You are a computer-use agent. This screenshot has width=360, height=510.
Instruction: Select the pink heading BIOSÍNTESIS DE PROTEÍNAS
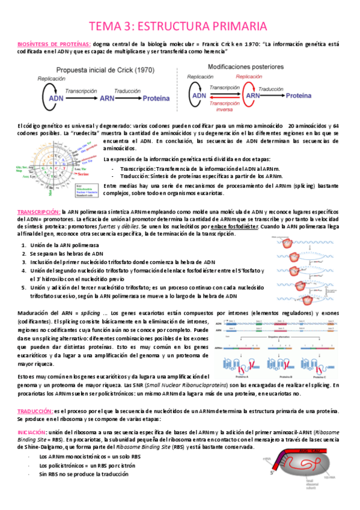tap(54, 43)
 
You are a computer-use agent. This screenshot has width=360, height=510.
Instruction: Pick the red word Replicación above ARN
tap(248, 77)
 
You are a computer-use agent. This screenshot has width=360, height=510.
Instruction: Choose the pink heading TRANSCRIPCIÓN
tap(38, 212)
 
